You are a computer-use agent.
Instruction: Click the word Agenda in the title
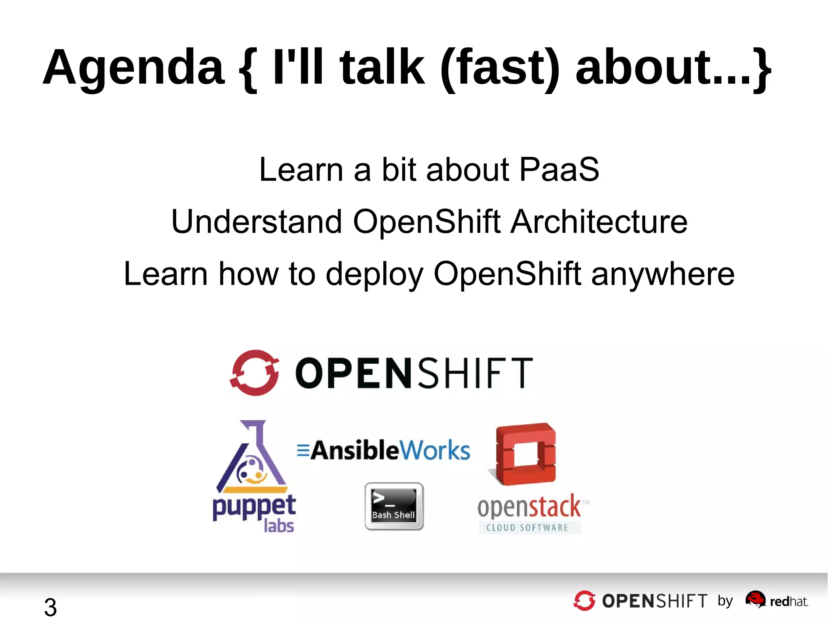click(133, 68)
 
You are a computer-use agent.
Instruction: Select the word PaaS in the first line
click(559, 170)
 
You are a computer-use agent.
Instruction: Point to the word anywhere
click(663, 274)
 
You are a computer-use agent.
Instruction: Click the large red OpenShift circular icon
click(255, 373)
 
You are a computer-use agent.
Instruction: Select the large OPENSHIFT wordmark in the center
click(414, 373)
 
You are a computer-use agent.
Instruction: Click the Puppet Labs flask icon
click(251, 457)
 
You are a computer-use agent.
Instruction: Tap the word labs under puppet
click(279, 526)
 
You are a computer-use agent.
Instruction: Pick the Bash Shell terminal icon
click(394, 506)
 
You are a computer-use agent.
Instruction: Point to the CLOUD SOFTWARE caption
click(528, 528)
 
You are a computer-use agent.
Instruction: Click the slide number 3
click(50, 607)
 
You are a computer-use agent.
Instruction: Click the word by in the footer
click(725, 601)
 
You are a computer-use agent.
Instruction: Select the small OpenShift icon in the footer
click(584, 600)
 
